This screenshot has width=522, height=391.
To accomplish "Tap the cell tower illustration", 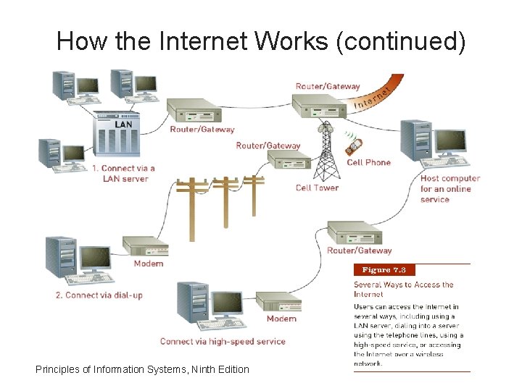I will tap(326, 152).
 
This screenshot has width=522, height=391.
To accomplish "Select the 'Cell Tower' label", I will tap(317, 188).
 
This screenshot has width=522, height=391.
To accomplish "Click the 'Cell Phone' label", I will tap(368, 163).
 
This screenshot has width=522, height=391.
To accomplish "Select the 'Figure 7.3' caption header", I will tap(384, 270).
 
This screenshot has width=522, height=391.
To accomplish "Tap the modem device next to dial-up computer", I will tap(146, 245).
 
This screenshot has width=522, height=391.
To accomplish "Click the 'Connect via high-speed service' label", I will tap(223, 341).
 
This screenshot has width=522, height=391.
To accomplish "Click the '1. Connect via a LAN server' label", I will tap(123, 173).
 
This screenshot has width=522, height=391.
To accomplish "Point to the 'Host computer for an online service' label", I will tap(449, 189).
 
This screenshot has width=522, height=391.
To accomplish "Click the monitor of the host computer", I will tap(450, 140).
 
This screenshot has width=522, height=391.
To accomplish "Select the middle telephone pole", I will tap(225, 195).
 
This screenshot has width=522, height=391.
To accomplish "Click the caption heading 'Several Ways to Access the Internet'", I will tap(403, 290).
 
